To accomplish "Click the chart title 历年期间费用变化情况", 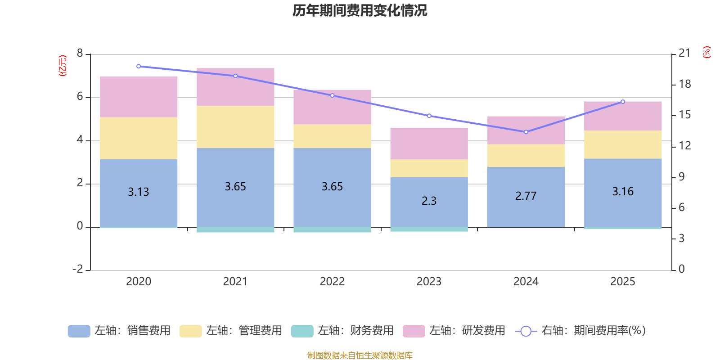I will (x=360, y=10).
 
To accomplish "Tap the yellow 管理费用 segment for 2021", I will (x=235, y=127).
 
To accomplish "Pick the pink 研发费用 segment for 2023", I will (x=429, y=144).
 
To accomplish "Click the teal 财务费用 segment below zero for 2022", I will (x=332, y=230).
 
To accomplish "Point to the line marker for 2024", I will (x=526, y=132).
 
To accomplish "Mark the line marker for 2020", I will (x=139, y=66).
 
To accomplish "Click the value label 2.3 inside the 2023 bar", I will (x=429, y=201).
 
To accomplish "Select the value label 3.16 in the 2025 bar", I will (x=623, y=192).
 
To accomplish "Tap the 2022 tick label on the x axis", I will (x=332, y=282).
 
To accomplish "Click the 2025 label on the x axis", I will (x=623, y=282).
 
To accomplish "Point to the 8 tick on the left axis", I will (x=80, y=54).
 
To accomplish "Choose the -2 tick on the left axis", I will (x=78, y=269).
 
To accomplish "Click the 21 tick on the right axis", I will (x=684, y=53).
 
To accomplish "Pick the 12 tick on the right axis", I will (x=684, y=145).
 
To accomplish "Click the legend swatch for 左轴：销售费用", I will (x=79, y=331).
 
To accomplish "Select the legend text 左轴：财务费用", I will (x=355, y=331).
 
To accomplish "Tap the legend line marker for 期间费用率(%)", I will (x=526, y=331).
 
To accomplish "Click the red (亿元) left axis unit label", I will (x=63, y=66).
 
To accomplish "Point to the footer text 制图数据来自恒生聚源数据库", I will (x=360, y=355).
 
